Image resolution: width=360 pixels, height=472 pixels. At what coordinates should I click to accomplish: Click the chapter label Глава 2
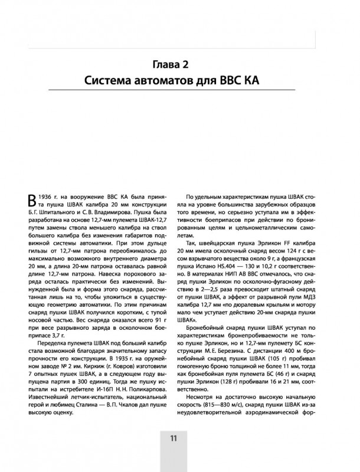point(179,64)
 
